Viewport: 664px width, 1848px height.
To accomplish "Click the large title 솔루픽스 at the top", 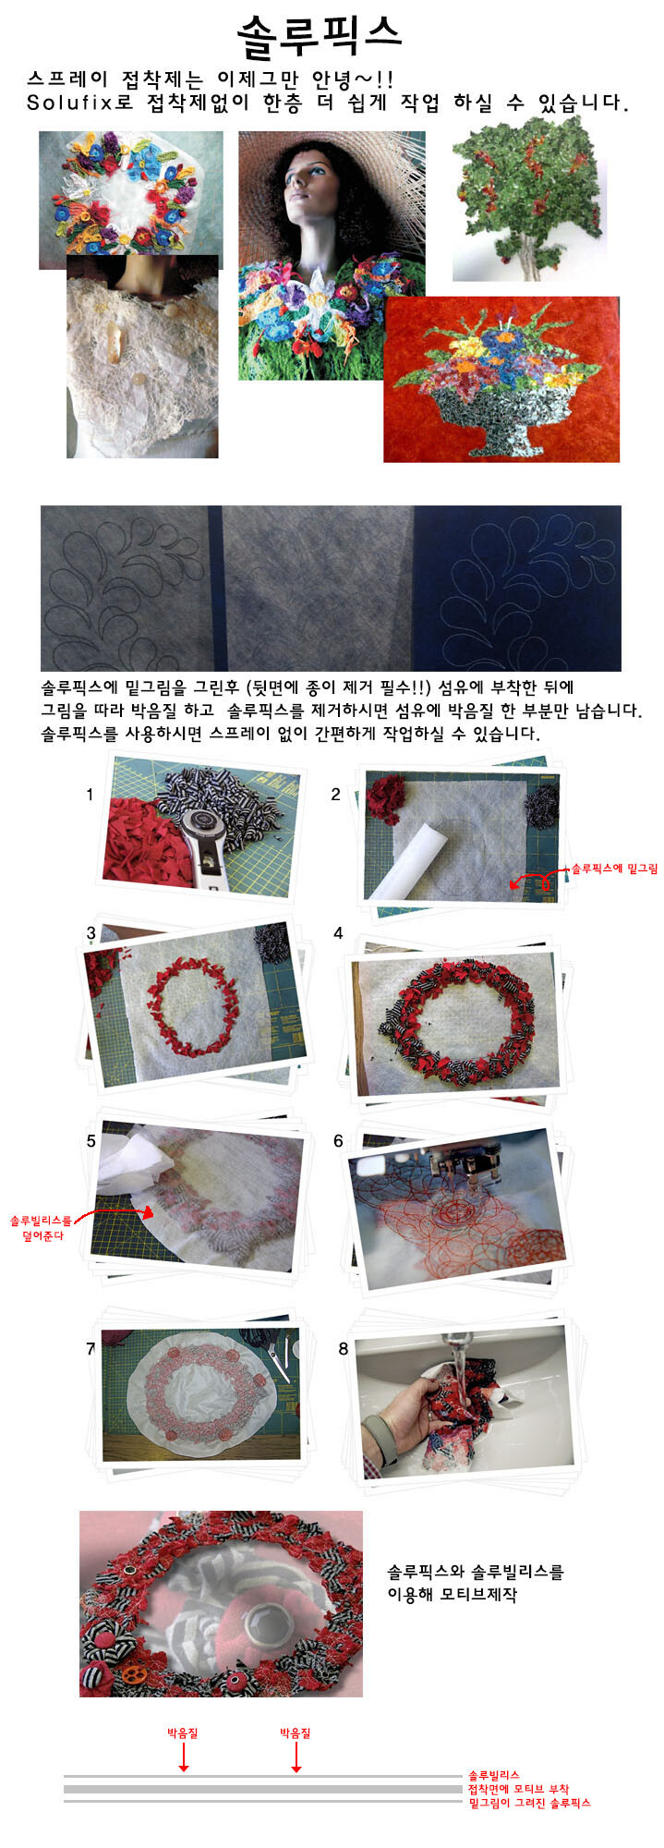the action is tap(319, 34).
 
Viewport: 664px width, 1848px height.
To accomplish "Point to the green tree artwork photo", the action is tap(528, 199).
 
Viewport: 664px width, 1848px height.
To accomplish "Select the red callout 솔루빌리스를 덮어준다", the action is tap(40, 1228).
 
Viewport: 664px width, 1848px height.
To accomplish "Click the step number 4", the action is tap(338, 933).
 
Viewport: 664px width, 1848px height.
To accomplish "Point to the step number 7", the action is tap(91, 1349).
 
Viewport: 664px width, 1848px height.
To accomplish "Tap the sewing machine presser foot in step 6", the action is tap(471, 1167).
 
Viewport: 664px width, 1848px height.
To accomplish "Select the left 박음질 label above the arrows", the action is tap(182, 1732).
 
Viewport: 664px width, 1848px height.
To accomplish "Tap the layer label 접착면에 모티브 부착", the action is tap(518, 1789).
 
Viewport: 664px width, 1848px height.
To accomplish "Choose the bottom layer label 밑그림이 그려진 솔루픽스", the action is tap(529, 1803).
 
